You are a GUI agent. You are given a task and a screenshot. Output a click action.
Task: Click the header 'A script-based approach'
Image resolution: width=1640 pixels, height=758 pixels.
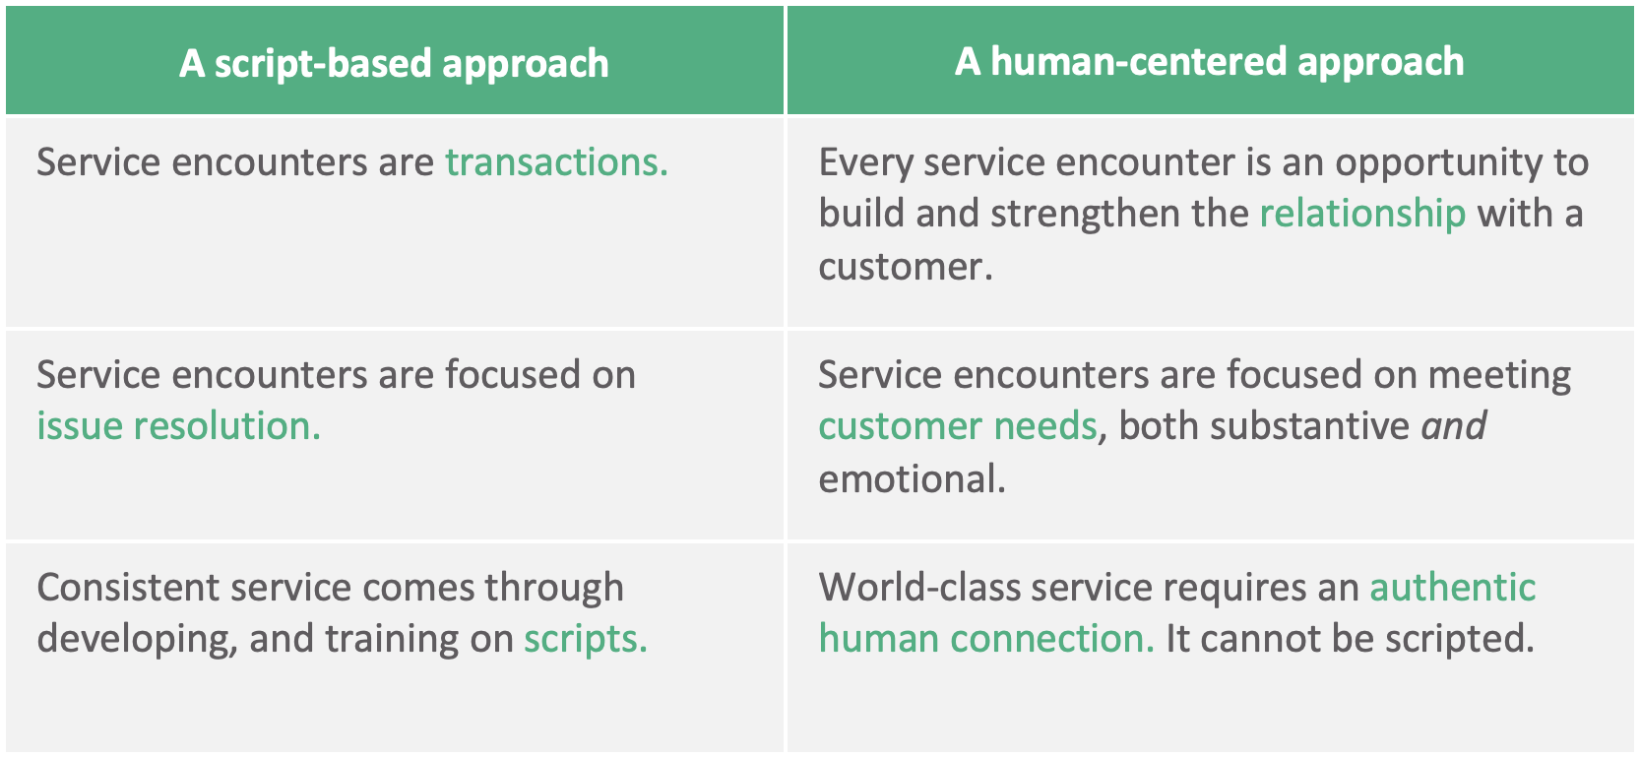(394, 64)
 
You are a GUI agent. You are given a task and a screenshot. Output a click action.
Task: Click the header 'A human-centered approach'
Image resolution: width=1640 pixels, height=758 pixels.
(1210, 61)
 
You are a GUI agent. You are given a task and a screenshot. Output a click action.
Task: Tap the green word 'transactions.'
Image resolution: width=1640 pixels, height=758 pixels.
(557, 161)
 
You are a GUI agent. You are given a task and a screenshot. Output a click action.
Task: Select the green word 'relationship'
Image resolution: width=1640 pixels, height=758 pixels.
(1362, 214)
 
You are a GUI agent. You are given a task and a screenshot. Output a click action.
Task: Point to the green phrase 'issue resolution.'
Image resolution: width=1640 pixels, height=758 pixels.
(178, 425)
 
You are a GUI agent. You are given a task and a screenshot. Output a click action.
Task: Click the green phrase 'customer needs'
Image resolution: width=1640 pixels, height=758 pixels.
(958, 426)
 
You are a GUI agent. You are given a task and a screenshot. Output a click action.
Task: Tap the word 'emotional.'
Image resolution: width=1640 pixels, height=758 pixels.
(913, 478)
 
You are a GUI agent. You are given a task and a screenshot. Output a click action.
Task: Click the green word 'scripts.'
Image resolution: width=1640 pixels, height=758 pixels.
(586, 639)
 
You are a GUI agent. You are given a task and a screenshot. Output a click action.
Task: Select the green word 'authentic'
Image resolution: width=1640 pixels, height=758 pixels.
(1453, 587)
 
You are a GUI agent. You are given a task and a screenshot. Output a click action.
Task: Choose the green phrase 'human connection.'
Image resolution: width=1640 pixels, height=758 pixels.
(986, 638)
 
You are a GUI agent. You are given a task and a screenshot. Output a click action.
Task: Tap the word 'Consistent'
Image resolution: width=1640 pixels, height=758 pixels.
(128, 587)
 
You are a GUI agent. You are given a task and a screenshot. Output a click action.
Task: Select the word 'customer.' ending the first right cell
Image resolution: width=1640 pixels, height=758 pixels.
(906, 267)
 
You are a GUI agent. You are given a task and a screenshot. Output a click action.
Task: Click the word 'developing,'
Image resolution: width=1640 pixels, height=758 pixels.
(138, 639)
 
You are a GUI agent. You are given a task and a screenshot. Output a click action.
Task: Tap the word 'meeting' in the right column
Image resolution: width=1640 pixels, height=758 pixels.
(1499, 375)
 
